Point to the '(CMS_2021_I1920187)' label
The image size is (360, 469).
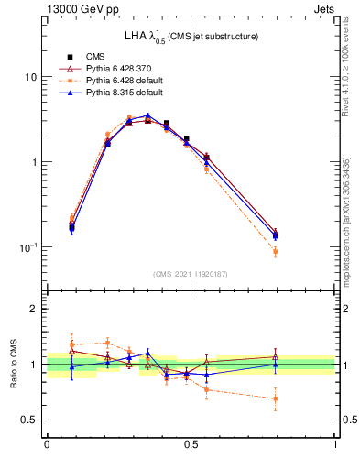tap(191, 273)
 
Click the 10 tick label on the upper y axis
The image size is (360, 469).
tap(31, 77)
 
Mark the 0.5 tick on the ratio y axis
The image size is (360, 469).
tap(33, 420)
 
